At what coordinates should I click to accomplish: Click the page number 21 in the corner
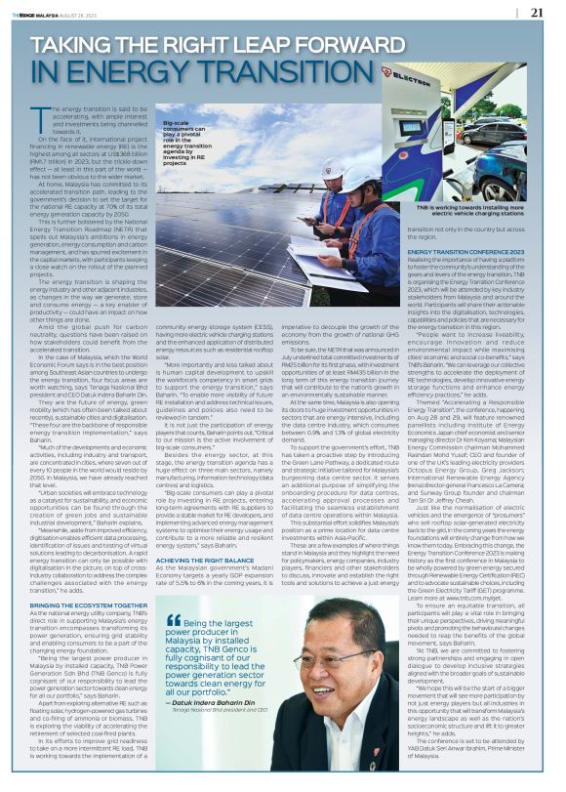tap(537, 13)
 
